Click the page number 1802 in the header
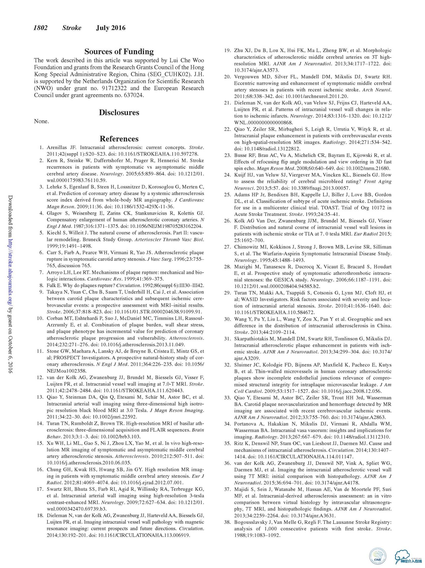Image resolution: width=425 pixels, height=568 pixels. pyautogui.click(x=40, y=28)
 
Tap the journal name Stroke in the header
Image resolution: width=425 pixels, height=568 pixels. pyautogui.click(x=72, y=28)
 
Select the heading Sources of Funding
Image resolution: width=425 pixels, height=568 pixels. pyautogui.click(x=119, y=52)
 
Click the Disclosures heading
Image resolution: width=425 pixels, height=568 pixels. pyautogui.click(x=119, y=112)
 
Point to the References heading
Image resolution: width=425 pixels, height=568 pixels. pyautogui.click(x=119, y=139)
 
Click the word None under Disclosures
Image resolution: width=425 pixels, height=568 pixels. pyautogui.click(x=41, y=122)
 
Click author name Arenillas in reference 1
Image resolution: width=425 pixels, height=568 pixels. pyautogui.click(x=58, y=148)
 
